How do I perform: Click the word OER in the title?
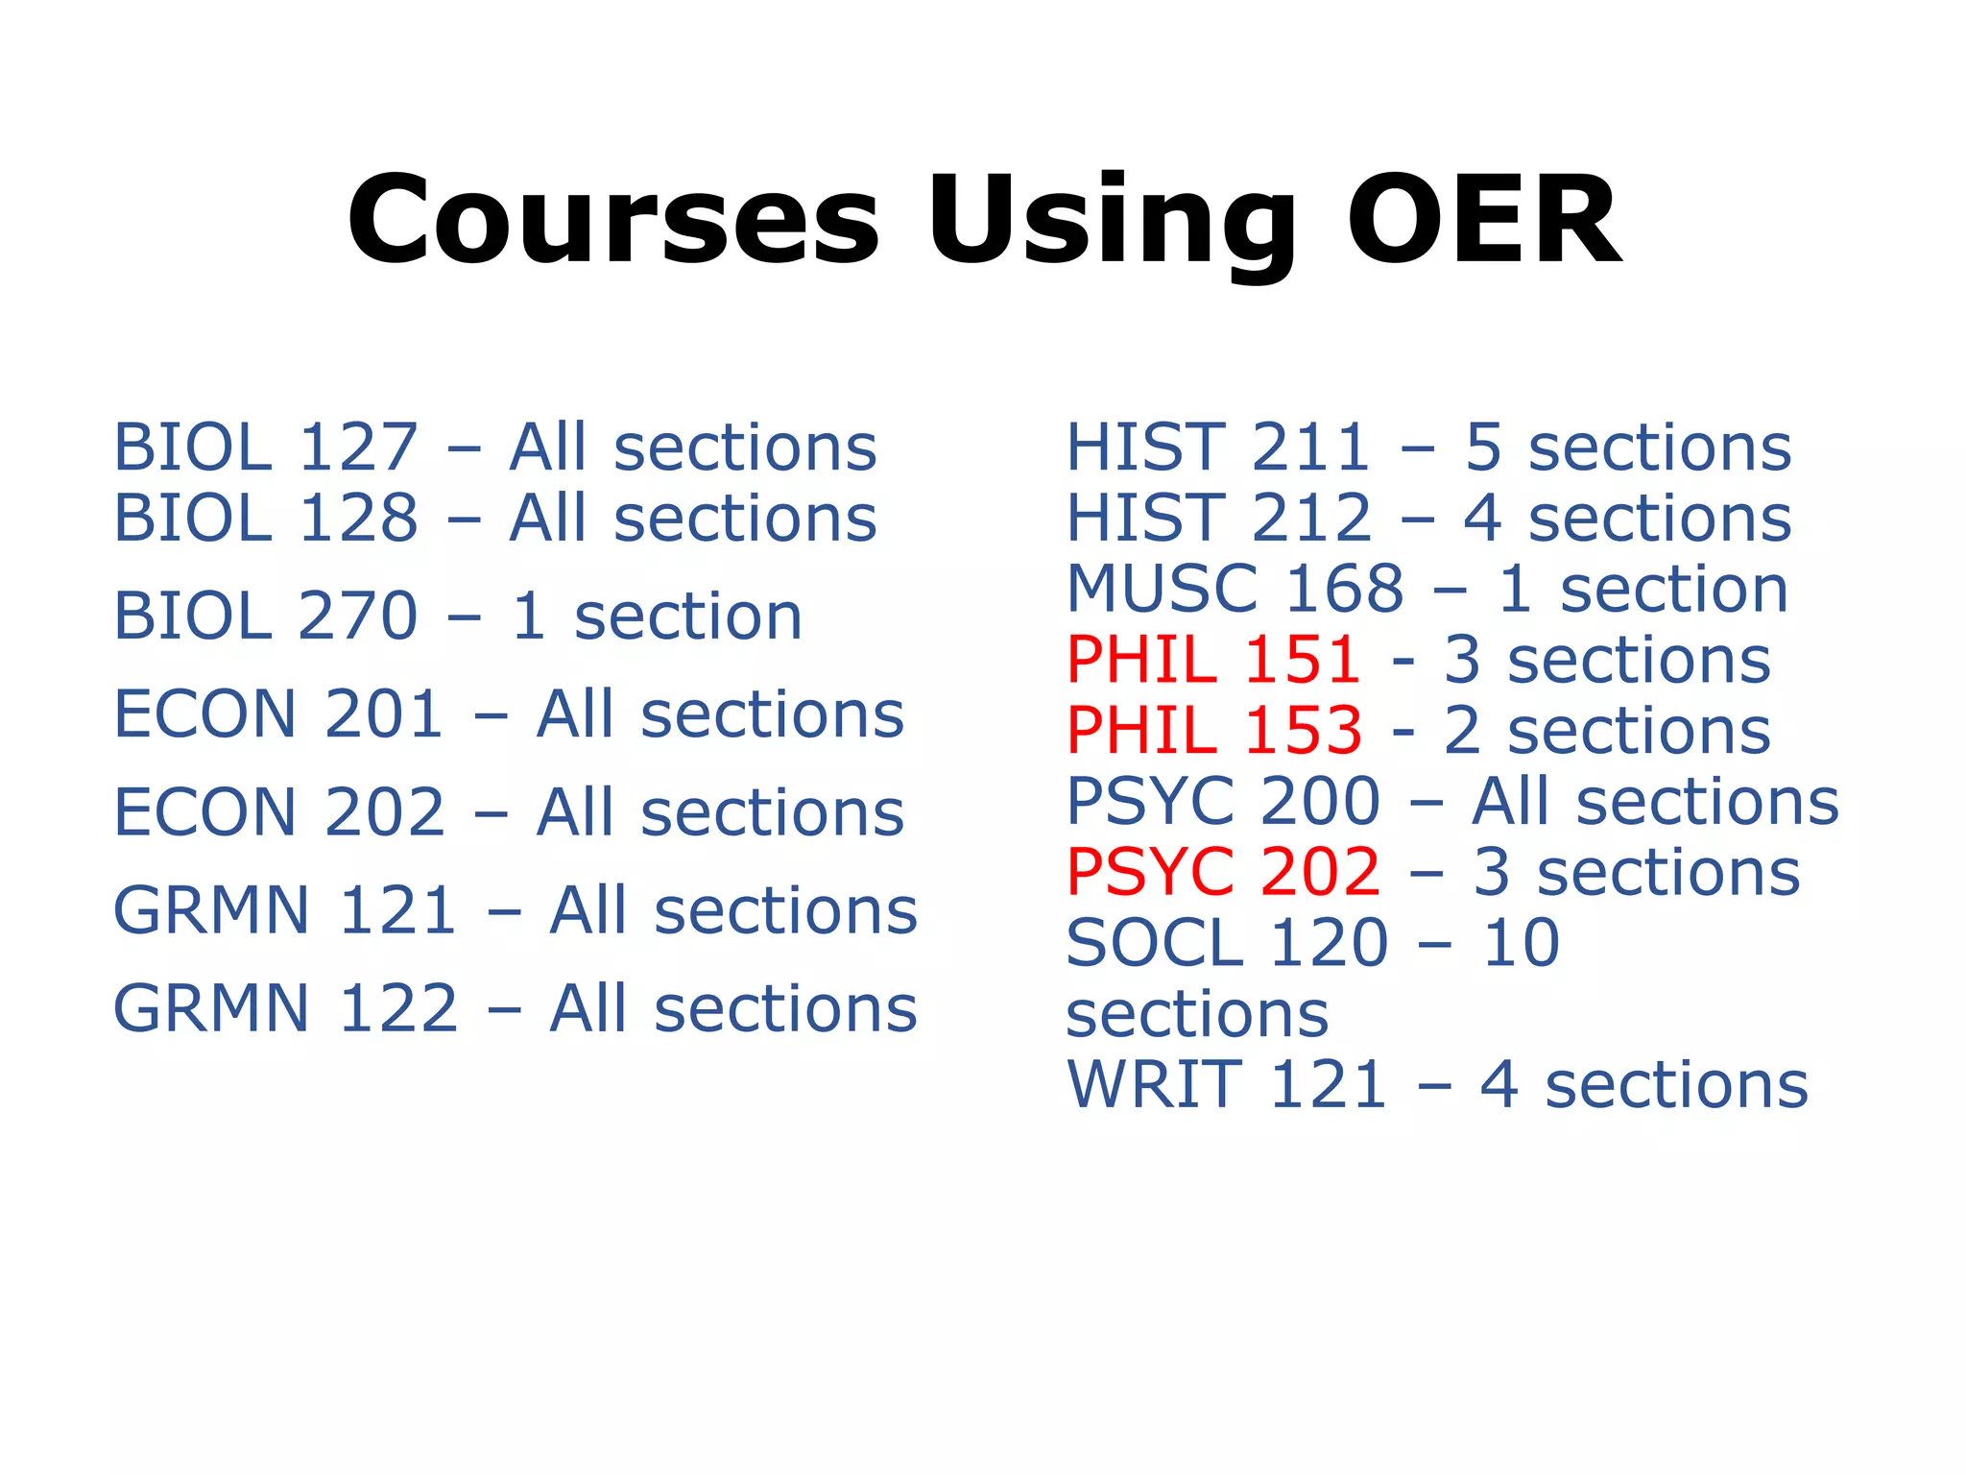[1484, 221]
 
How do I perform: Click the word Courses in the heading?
[613, 221]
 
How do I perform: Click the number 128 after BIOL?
[358, 519]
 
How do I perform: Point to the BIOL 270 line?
[457, 617]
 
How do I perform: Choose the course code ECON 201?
[278, 714]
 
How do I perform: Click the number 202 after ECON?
[385, 812]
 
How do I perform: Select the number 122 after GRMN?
[398, 1008]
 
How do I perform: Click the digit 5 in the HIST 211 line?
[1482, 447]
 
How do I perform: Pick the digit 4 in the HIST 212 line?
[1482, 519]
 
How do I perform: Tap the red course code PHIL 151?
[1213, 660]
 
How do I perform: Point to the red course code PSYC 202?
[1223, 872]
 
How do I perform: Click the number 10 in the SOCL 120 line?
[1522, 943]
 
